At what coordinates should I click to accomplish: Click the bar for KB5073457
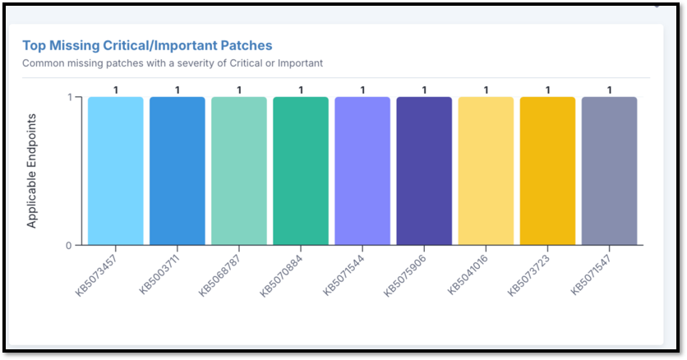[x=115, y=171]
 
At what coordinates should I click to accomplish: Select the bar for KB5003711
[x=177, y=171]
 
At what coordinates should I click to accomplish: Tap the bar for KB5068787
[x=238, y=171]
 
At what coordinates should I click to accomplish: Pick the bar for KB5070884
[x=301, y=171]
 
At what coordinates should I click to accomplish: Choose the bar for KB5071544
[x=362, y=171]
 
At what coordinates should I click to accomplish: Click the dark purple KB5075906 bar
[x=424, y=171]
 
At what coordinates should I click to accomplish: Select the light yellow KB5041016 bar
[x=486, y=171]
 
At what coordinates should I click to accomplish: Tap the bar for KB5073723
[x=547, y=171]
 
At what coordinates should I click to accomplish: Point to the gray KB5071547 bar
[x=609, y=171]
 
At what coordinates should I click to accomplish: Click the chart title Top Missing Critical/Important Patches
[x=147, y=45]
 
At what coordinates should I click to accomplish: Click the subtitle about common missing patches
[x=173, y=62]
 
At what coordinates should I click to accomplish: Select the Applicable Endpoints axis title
[x=32, y=171]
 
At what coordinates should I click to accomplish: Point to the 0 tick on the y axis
[x=69, y=245]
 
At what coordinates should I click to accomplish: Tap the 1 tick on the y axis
[x=69, y=97]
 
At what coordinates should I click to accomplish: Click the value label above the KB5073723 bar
[x=547, y=90]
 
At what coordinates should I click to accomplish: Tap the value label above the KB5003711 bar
[x=177, y=90]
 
